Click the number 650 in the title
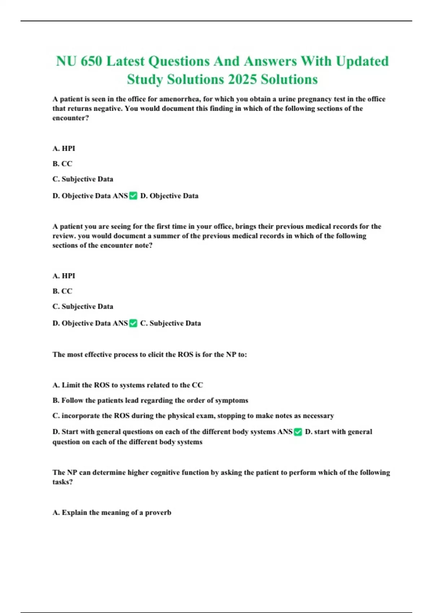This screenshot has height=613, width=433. (91, 61)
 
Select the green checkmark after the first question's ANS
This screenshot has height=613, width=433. (133, 196)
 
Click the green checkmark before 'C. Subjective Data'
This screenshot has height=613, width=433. (133, 323)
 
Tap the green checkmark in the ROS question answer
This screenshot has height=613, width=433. (298, 432)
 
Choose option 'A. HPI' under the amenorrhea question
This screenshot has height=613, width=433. (64, 148)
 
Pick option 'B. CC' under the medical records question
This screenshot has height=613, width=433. (62, 291)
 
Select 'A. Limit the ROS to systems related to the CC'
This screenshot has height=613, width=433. (128, 385)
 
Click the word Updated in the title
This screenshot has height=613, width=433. (362, 61)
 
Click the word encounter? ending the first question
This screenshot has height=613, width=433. (70, 118)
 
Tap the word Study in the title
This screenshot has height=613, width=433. (145, 79)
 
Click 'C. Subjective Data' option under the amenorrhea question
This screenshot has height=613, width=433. (83, 179)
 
